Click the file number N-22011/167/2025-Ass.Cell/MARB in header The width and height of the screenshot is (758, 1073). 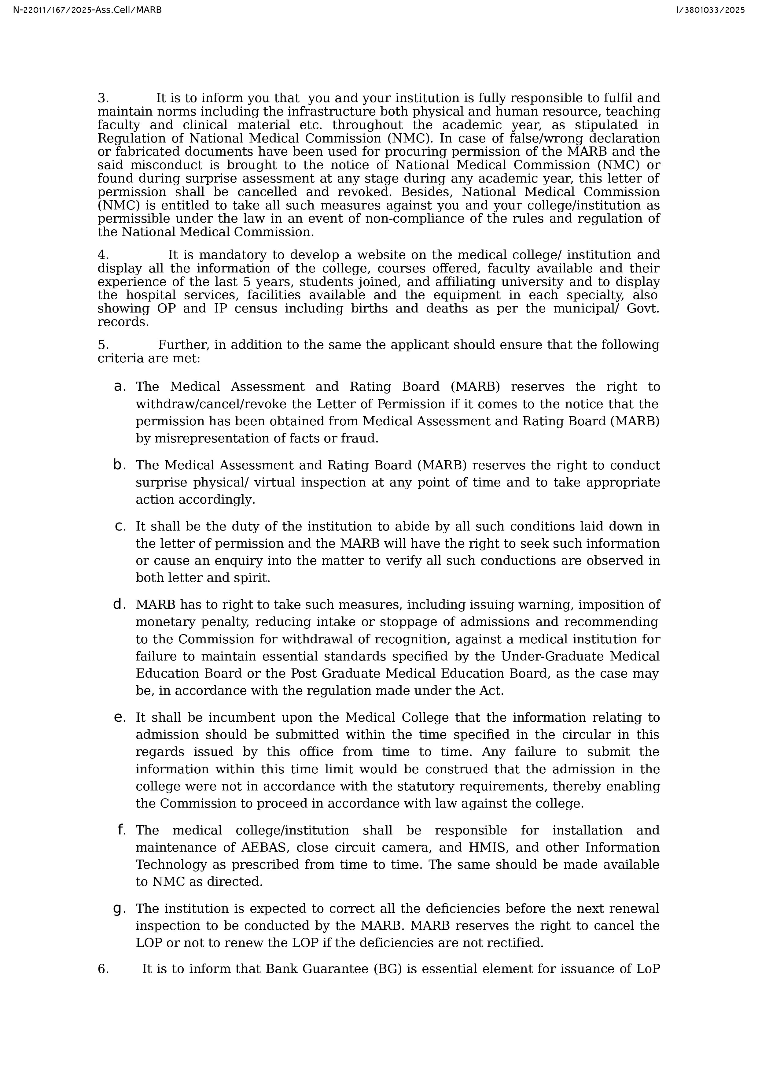click(87, 10)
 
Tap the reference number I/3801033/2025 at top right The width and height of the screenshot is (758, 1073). click(710, 10)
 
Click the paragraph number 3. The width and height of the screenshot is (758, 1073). click(103, 98)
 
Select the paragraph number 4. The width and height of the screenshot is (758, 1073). click(103, 255)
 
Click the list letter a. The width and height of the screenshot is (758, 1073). click(120, 387)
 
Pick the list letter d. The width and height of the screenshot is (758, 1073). click(120, 604)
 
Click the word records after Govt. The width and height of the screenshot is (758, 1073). click(123, 322)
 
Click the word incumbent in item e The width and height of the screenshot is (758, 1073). click(240, 717)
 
